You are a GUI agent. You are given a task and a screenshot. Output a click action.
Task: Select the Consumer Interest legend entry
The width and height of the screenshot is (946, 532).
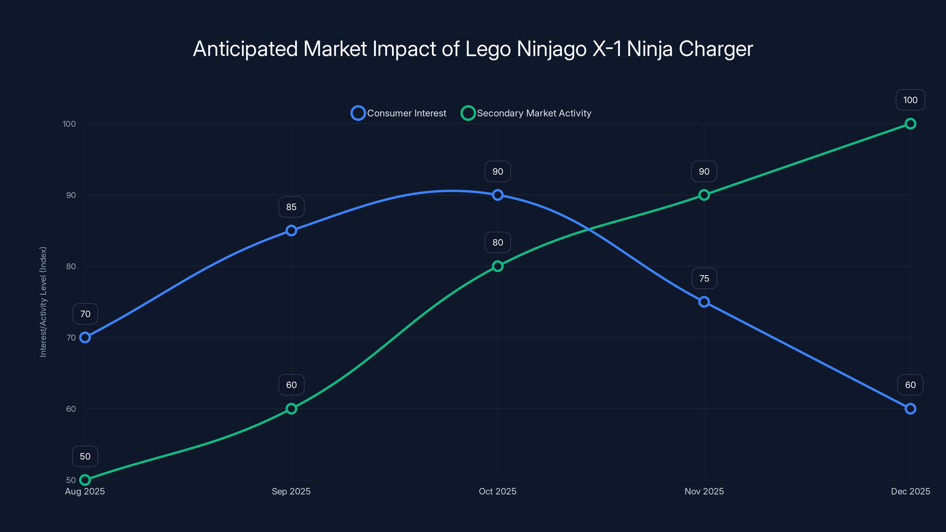[x=399, y=113]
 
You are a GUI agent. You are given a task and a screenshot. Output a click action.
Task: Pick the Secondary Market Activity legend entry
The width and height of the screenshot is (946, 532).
[x=526, y=113]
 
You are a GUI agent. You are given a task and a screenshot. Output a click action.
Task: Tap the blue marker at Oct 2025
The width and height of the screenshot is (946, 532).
[x=498, y=195]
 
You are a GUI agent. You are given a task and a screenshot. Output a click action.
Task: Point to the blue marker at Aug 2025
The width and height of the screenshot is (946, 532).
[x=85, y=338]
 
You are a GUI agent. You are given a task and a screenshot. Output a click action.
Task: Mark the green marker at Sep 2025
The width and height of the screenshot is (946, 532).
[x=291, y=409]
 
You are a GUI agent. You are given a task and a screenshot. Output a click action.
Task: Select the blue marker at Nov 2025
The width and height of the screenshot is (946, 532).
[x=704, y=302]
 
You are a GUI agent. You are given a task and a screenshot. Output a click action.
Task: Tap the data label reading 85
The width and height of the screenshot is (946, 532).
[x=291, y=207]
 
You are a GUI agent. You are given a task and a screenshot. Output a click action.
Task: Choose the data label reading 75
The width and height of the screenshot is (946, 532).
[x=704, y=278]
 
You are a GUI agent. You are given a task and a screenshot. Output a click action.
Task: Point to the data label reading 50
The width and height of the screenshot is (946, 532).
[x=85, y=456]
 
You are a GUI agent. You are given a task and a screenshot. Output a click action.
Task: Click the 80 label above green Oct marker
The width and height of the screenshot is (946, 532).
[x=498, y=242]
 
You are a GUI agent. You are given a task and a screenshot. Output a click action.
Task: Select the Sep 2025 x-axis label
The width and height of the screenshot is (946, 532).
[x=291, y=491]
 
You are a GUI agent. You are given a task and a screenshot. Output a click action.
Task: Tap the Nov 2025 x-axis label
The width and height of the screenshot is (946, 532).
[x=704, y=491]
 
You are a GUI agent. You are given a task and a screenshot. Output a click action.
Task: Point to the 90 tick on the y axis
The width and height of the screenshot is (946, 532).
[x=71, y=195]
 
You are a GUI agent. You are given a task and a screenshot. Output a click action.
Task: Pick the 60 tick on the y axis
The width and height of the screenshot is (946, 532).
[x=71, y=409]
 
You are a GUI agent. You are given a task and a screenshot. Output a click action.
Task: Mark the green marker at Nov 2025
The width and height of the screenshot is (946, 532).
[x=704, y=195]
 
